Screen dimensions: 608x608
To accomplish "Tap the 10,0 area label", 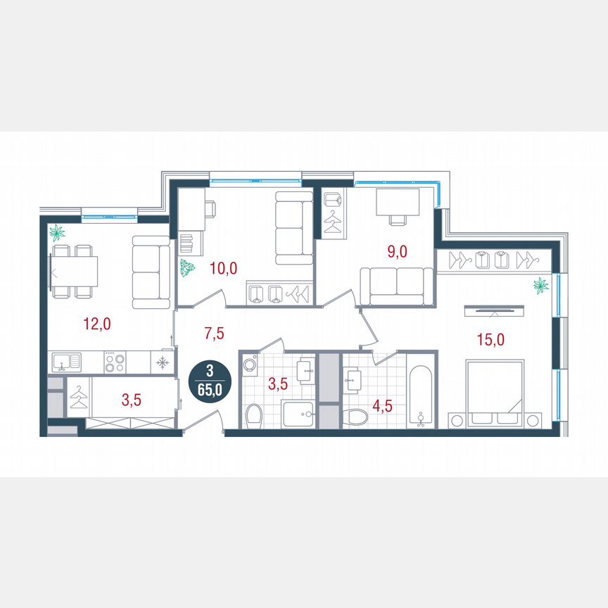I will (224, 267).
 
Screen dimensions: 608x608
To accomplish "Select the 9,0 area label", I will (398, 250).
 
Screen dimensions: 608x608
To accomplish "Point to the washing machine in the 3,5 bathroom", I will (248, 365).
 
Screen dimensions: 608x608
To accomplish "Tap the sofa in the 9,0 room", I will (396, 286).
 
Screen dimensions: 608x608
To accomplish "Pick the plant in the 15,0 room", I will (541, 286).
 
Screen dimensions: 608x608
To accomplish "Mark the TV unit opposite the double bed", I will (493, 308).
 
